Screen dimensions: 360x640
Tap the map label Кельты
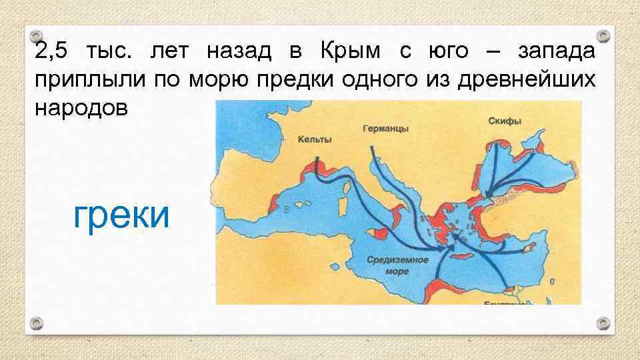coord(315,139)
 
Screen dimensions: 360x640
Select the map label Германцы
coord(386,128)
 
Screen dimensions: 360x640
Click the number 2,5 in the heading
coord(51,51)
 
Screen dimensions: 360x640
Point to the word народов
coord(79,109)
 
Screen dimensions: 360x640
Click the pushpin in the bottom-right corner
coord(603,324)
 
